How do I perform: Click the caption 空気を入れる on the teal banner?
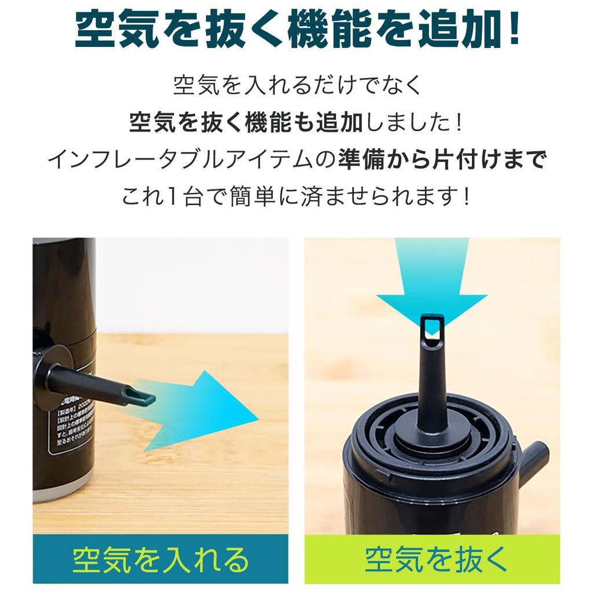[160, 560]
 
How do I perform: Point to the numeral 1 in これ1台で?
[168, 197]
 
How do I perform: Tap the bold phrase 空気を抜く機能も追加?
[246, 122]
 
